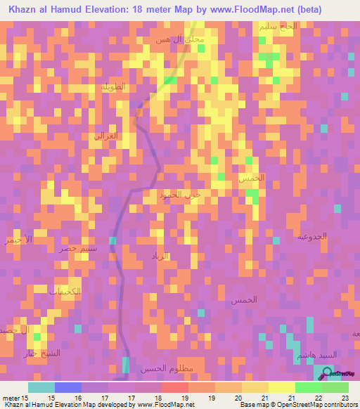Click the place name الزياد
[161, 257]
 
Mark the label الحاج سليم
[278, 27]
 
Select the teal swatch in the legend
[41, 387]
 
